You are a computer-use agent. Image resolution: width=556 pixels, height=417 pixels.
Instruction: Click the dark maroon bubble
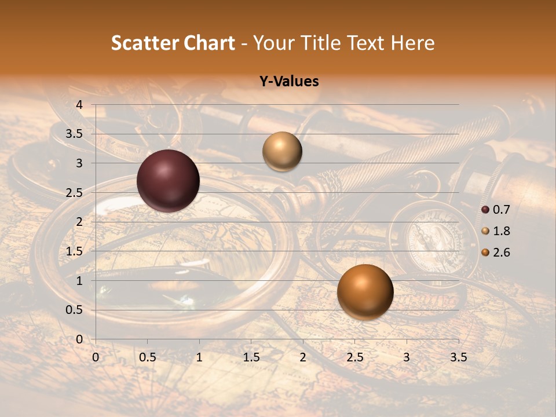click(168, 181)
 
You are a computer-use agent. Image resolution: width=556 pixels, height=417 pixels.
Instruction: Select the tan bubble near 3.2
click(282, 151)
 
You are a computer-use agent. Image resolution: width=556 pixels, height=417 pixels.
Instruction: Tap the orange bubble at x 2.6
click(365, 292)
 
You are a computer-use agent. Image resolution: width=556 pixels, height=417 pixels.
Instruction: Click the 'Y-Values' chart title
click(288, 82)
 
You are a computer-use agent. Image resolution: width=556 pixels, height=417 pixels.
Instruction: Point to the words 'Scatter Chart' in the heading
click(173, 43)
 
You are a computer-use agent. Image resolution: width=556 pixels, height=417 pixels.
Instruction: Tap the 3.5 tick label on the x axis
click(458, 358)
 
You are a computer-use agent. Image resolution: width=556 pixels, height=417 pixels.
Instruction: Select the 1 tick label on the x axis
click(199, 358)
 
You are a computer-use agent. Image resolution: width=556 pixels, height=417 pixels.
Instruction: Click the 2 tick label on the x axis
click(303, 358)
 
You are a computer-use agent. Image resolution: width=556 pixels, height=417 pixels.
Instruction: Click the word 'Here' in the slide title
click(412, 43)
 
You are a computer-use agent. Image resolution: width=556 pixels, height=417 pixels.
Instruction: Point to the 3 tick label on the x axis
click(407, 358)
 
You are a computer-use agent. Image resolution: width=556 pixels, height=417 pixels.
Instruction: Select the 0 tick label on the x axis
click(96, 358)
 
